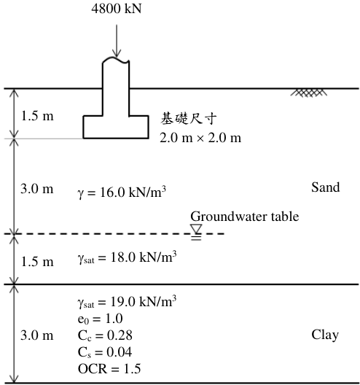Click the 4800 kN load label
pyautogui.click(x=117, y=8)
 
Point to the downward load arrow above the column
pyautogui.click(x=117, y=41)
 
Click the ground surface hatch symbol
pyautogui.click(x=309, y=93)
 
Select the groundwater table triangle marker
pyautogui.click(x=196, y=229)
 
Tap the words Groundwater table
pyautogui.click(x=245, y=217)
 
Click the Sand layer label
pyautogui.click(x=326, y=187)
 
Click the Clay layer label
pyautogui.click(x=325, y=335)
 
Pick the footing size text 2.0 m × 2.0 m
pyautogui.click(x=200, y=138)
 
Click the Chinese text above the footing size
pyautogui.click(x=189, y=118)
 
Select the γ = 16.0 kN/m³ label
pyautogui.click(x=122, y=192)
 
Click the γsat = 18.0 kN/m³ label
pyautogui.click(x=127, y=257)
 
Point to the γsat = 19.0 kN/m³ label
pyautogui.click(x=127, y=302)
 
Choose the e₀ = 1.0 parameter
pyautogui.click(x=100, y=319)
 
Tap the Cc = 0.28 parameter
pyautogui.click(x=105, y=335)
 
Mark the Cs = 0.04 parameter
pyautogui.click(x=105, y=352)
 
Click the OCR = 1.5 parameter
pyautogui.click(x=109, y=369)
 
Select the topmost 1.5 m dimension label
pyautogui.click(x=37, y=116)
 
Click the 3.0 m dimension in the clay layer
pyautogui.click(x=37, y=335)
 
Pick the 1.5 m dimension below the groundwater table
pyautogui.click(x=37, y=262)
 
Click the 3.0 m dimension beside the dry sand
pyautogui.click(x=37, y=189)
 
